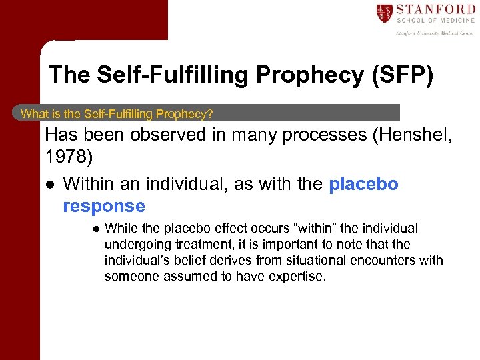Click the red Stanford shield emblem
(x=384, y=13)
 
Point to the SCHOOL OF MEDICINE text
(x=435, y=21)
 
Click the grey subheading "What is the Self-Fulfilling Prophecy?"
(x=117, y=113)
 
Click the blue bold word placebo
(x=363, y=184)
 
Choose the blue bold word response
(x=103, y=206)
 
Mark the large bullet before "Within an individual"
(x=49, y=185)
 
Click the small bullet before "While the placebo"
(x=95, y=229)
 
